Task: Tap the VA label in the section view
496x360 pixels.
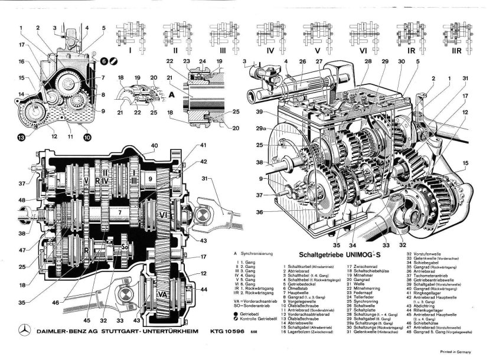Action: click(x=163, y=293)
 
